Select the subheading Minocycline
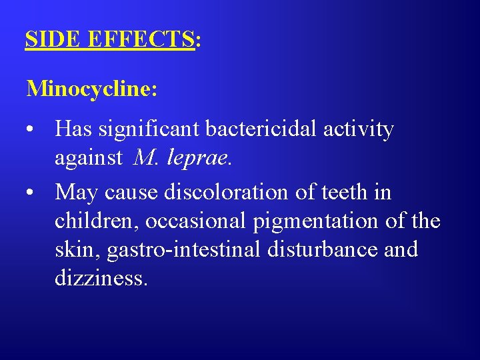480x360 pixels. point(91,88)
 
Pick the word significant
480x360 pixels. point(151,129)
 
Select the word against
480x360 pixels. point(89,158)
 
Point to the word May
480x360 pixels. point(77,193)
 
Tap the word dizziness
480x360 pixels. point(101,278)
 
